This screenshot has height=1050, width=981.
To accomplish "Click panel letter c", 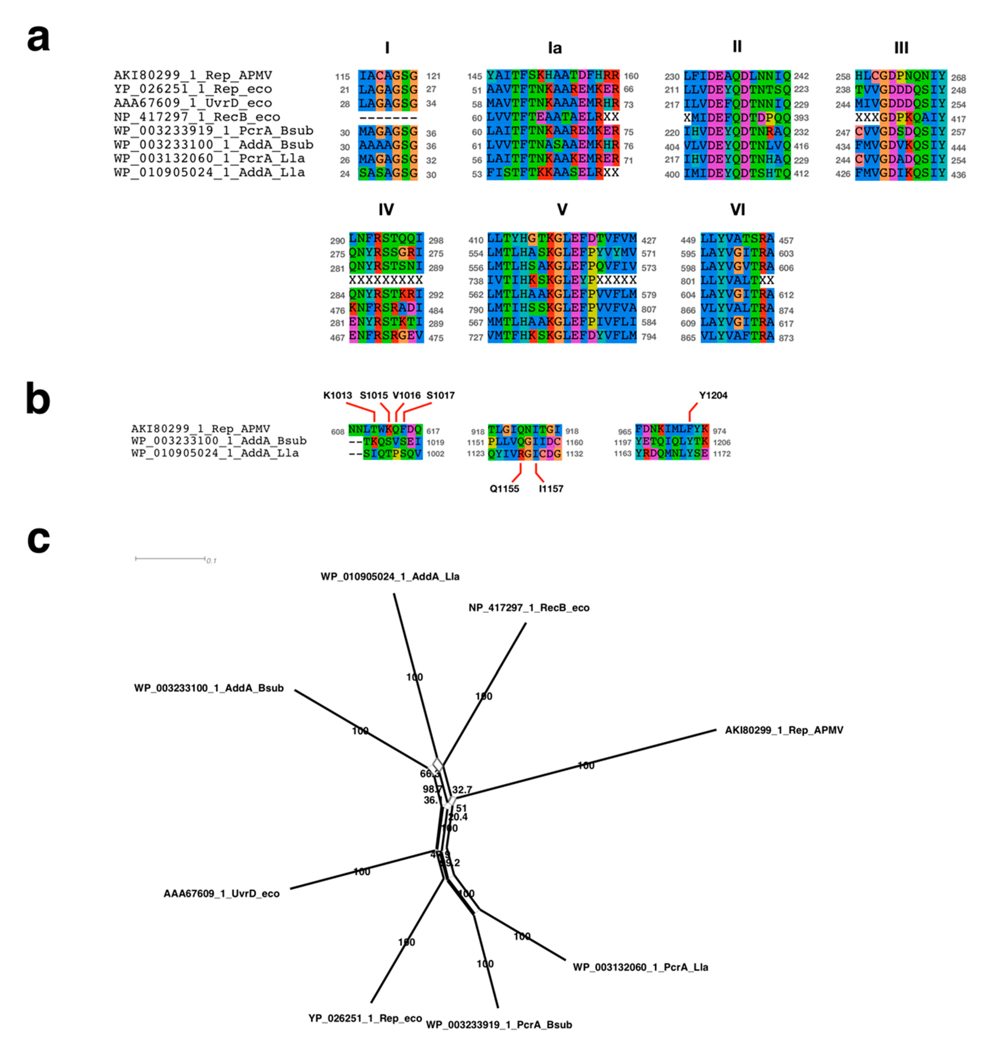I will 38,540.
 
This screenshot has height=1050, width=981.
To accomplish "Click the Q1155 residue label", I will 504,489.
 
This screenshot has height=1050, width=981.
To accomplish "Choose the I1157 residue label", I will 551,489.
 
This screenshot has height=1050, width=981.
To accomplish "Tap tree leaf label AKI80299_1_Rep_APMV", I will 784,731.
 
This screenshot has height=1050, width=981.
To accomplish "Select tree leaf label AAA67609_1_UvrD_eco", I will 221,894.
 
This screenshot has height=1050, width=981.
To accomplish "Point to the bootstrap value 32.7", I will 462,790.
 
